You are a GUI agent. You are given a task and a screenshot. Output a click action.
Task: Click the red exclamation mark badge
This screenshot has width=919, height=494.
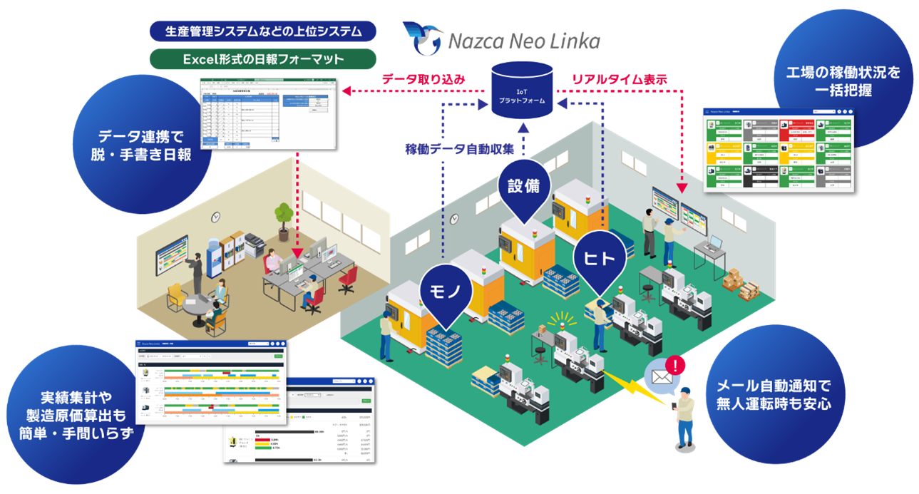[x=676, y=365]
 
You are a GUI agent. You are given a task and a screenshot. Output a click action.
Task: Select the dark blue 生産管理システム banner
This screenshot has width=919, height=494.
[x=263, y=31]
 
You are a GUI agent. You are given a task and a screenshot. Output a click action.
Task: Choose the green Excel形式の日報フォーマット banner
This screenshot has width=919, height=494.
[x=263, y=60]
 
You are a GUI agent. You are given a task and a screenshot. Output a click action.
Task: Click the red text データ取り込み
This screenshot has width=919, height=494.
[x=423, y=79]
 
